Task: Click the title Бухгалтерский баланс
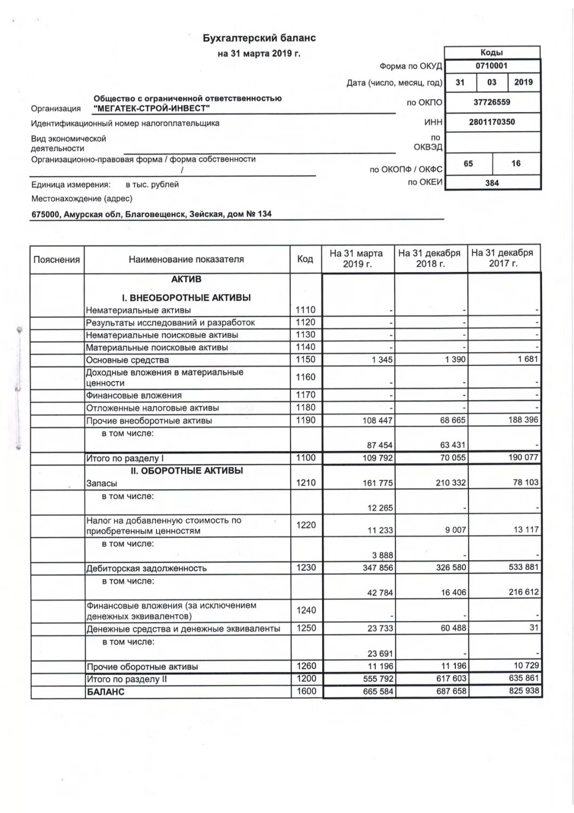click(x=259, y=38)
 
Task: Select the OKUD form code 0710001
click(x=491, y=66)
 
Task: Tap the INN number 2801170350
click(x=492, y=122)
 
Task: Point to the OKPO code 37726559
click(x=492, y=102)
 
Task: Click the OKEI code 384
click(x=492, y=183)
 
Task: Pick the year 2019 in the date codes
click(x=523, y=82)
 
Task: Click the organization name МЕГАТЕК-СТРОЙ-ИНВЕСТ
click(x=152, y=108)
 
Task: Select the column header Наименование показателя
click(x=186, y=260)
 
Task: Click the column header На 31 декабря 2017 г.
click(x=503, y=258)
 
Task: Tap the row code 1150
click(x=305, y=359)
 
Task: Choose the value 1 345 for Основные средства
click(x=382, y=360)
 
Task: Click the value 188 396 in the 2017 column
click(x=524, y=420)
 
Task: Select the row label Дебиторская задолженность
click(x=147, y=569)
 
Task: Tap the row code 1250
click(x=305, y=629)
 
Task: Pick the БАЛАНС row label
click(x=106, y=692)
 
